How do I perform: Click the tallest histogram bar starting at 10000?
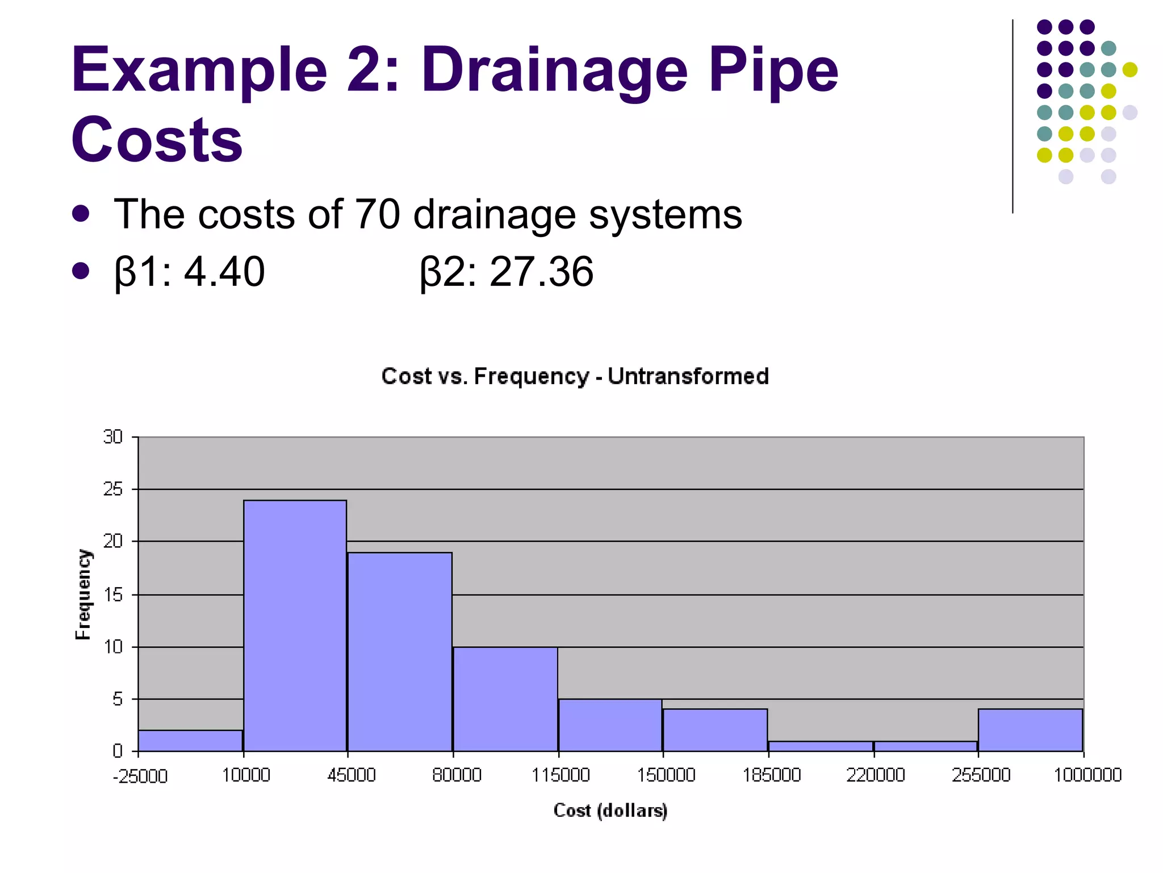tap(295, 625)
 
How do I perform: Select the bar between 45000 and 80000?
tap(400, 651)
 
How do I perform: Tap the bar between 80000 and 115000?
tap(505, 699)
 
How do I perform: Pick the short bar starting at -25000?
tap(190, 741)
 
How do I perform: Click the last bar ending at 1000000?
tap(1030, 730)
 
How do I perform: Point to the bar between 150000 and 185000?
tap(715, 730)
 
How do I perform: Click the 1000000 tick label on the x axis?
tap(1087, 775)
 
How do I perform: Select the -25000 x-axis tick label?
tap(140, 776)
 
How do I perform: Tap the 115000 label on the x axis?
tap(560, 775)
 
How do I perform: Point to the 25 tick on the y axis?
tap(113, 489)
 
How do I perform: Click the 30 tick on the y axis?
tap(113, 436)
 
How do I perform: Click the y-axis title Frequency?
tap(83, 594)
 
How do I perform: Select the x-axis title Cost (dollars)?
tap(610, 810)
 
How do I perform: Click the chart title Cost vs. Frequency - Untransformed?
tap(575, 376)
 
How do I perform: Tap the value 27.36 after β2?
tap(541, 272)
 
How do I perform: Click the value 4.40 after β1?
tap(224, 272)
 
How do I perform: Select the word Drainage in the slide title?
tap(554, 71)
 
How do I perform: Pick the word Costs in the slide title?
tap(157, 140)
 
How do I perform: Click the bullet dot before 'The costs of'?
tap(81, 214)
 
